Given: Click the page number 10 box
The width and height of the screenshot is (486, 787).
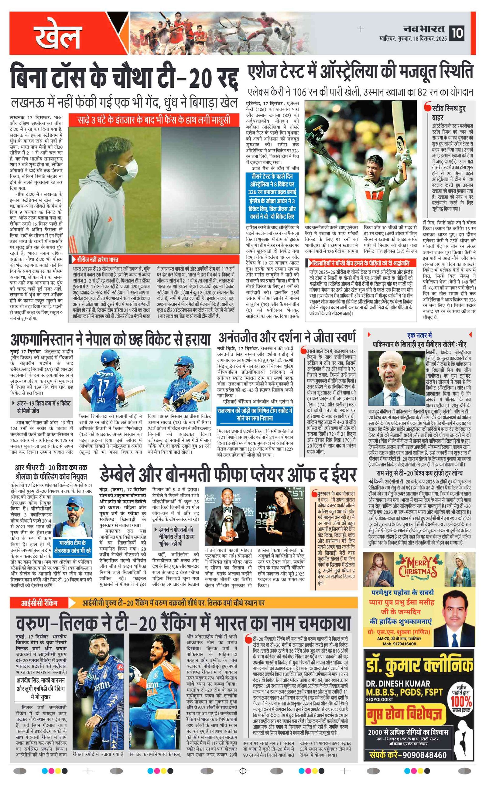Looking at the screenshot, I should [457, 33].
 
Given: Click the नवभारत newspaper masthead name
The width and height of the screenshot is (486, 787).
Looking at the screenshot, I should [424, 29].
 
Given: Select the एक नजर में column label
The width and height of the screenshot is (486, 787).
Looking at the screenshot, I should [419, 335].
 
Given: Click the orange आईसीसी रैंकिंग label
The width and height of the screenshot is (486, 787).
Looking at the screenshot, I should [39, 603].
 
